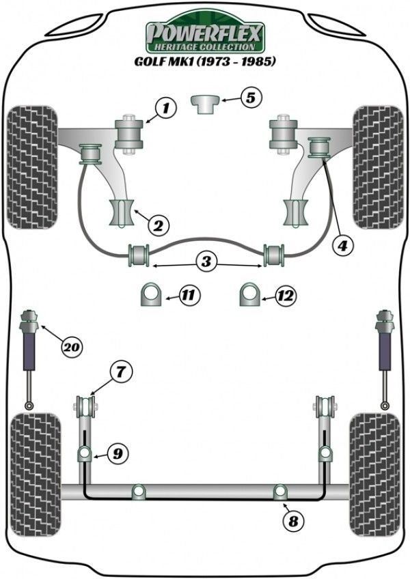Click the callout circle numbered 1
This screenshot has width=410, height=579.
pos(165,107)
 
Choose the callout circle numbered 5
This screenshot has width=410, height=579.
pos(251,98)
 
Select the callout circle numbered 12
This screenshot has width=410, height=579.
pos(285,296)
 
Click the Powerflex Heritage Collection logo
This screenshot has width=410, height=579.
pos(205,36)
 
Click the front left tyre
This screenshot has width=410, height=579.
pos(32,167)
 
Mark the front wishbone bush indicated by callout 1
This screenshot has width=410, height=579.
pos(128,133)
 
